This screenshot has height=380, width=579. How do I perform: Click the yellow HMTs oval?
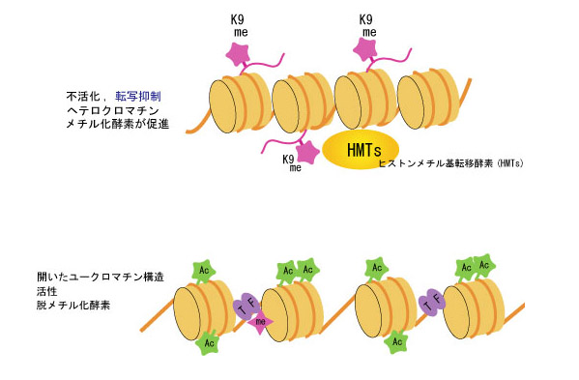tap(361, 149)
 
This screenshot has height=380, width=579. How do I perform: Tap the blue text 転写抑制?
tap(138, 97)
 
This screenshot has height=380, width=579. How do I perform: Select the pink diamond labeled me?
tap(261, 322)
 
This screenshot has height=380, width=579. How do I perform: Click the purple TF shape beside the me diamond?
tap(246, 305)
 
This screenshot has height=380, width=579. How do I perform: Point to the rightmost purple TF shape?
tap(432, 303)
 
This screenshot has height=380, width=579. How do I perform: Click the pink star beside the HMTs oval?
tap(307, 152)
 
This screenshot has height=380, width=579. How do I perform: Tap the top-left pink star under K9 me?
tap(238, 54)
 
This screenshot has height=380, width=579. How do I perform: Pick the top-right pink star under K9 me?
tap(364, 49)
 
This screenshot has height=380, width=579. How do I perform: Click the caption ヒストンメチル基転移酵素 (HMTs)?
tap(450, 163)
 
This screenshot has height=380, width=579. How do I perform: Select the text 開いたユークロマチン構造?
tap(101, 277)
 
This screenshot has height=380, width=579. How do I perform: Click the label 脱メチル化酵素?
tap(73, 305)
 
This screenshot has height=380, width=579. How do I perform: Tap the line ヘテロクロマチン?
tap(113, 110)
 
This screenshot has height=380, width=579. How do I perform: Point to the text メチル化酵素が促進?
tap(117, 124)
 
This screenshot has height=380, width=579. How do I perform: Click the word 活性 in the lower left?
tap(47, 291)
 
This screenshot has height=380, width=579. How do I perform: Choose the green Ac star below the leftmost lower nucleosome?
tap(208, 343)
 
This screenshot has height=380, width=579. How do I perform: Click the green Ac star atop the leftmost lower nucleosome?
tap(204, 271)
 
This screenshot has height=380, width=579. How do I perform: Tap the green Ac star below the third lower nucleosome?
tap(396, 341)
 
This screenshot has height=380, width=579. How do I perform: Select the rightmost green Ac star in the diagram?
tap(484, 265)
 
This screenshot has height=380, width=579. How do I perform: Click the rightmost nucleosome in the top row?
tap(428, 100)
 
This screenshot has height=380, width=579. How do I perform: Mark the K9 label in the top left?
tap(238, 20)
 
